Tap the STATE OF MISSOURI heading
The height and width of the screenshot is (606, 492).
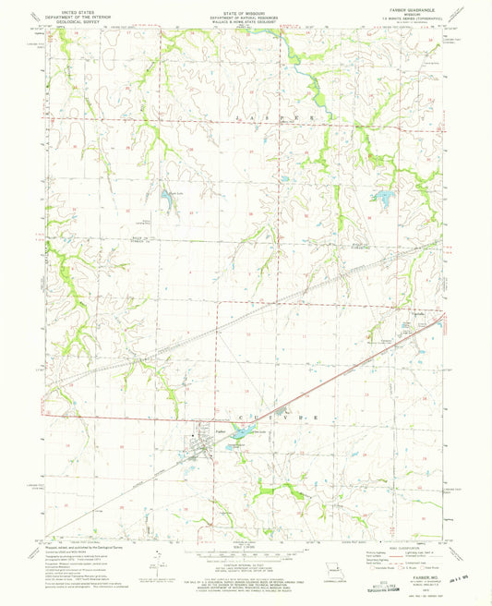[x=245, y=8]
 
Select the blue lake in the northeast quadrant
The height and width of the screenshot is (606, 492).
[x=380, y=196]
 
